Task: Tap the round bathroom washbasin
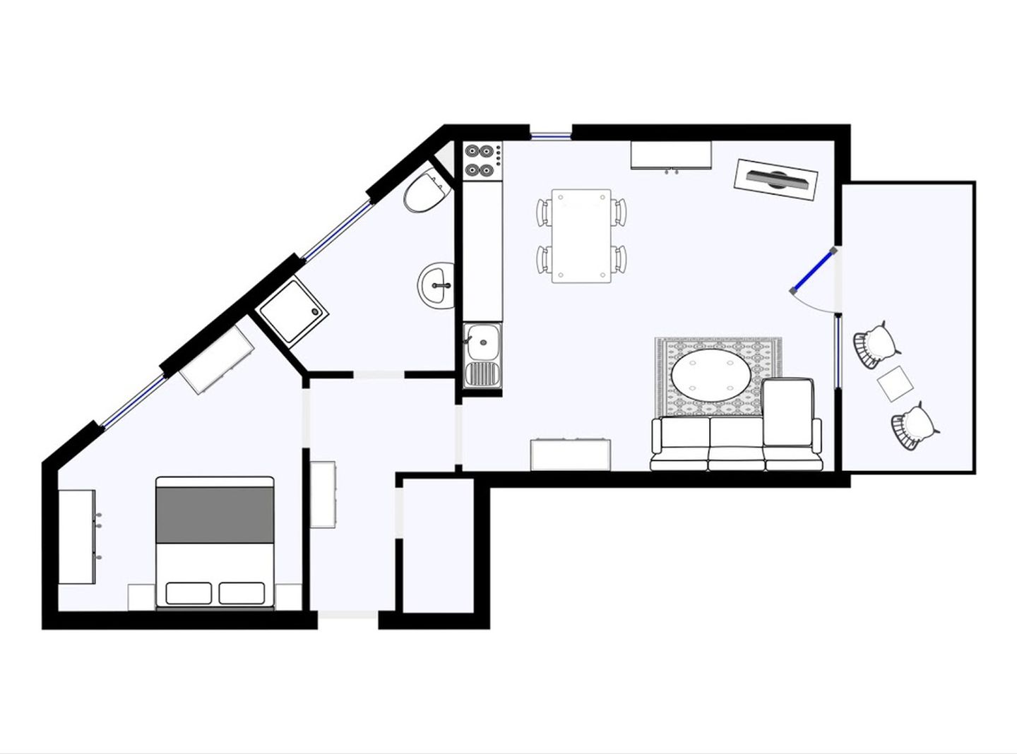click(436, 286)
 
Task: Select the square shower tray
click(292, 311)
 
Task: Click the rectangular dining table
click(581, 236)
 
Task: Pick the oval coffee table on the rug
click(710, 377)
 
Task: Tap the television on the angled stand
click(775, 179)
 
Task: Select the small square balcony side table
click(896, 384)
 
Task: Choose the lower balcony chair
click(914, 425)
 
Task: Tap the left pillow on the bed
click(189, 593)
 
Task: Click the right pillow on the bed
click(242, 593)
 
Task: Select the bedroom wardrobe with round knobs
click(76, 537)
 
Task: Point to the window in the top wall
click(551, 135)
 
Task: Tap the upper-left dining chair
click(544, 212)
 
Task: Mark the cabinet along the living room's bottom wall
click(570, 455)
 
